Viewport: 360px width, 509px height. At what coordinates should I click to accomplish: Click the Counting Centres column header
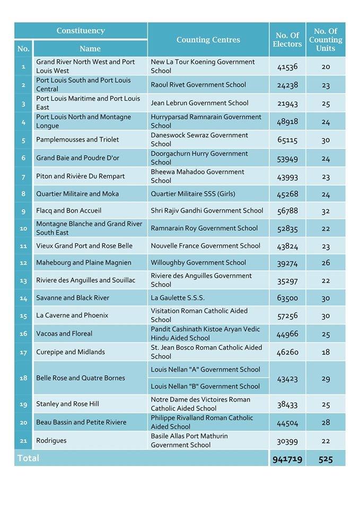tap(208, 40)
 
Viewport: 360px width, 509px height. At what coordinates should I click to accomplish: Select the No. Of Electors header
tap(287, 40)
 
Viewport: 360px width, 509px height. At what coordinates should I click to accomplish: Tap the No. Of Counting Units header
tap(325, 40)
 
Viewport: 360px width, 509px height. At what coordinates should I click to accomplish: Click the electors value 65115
tap(287, 140)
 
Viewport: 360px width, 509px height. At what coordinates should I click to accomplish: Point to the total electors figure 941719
tap(287, 459)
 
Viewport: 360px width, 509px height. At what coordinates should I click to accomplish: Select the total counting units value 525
tap(326, 459)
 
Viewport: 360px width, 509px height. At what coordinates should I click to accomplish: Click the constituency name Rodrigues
tap(51, 441)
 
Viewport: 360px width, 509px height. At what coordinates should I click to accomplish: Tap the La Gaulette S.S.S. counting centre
tap(178, 298)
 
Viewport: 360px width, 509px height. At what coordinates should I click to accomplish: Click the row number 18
tap(23, 378)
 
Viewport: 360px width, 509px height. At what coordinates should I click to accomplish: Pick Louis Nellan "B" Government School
tap(205, 387)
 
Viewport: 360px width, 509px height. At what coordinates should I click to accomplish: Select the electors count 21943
tap(287, 103)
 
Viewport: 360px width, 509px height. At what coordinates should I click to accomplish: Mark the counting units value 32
tap(326, 211)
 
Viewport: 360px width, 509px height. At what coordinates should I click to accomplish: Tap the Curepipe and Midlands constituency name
tap(71, 352)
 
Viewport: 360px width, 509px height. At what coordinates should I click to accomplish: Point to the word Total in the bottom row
tap(28, 458)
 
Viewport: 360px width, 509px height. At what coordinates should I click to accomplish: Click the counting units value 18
tap(326, 353)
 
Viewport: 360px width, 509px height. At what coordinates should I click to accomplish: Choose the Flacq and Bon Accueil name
tap(68, 210)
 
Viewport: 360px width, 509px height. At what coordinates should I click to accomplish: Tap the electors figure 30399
tap(287, 441)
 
